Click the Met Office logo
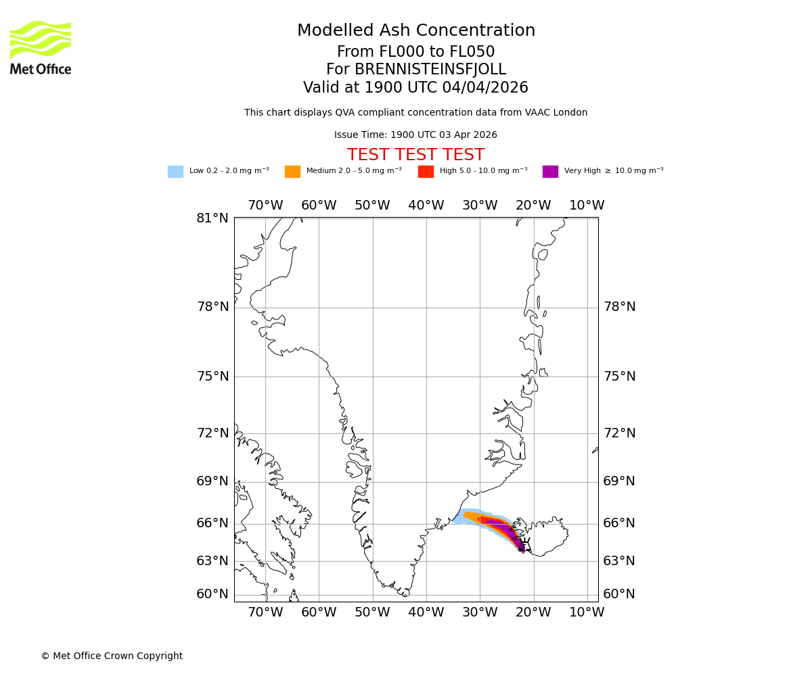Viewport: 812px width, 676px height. click(41, 47)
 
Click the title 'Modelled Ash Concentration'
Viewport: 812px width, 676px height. click(415, 31)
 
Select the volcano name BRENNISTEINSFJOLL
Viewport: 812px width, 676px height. click(415, 70)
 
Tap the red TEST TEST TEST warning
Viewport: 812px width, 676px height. click(415, 155)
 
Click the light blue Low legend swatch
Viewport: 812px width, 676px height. click(175, 172)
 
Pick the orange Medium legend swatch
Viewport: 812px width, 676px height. click(292, 172)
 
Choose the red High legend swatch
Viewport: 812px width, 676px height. click(426, 172)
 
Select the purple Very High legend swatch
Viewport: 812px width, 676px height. click(550, 172)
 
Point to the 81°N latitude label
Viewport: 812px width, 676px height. click(212, 218)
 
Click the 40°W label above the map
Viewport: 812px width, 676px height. click(426, 206)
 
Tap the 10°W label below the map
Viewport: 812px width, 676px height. click(587, 612)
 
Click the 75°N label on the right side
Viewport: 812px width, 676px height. click(619, 377)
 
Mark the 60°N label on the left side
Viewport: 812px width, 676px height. click(212, 594)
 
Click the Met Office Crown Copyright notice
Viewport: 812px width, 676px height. click(112, 656)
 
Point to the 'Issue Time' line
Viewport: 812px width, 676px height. click(415, 135)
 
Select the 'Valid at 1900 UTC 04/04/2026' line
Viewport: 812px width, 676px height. click(415, 88)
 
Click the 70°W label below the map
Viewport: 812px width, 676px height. click(265, 612)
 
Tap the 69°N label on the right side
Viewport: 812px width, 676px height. click(619, 481)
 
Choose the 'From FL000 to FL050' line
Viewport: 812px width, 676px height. click(415, 52)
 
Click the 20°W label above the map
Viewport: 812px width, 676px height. click(533, 206)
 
